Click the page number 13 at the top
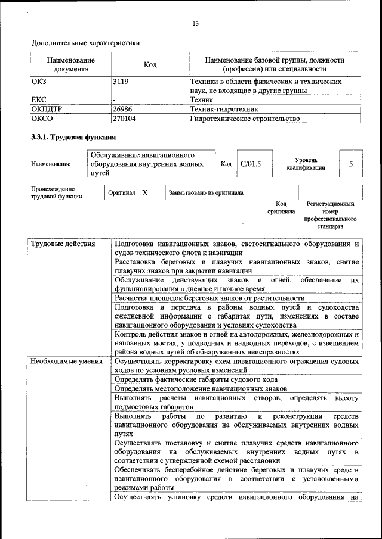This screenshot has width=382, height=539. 195,24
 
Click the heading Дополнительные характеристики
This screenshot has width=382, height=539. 85,43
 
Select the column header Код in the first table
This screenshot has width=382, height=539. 150,64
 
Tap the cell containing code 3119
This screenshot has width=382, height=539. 121,81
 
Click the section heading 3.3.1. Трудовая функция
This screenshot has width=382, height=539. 73,138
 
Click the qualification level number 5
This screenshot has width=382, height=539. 351,164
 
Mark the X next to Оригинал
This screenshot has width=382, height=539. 145,193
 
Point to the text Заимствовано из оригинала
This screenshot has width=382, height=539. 206,193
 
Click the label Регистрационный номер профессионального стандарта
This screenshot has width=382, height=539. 330,215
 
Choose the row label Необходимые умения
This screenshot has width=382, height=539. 66,361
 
